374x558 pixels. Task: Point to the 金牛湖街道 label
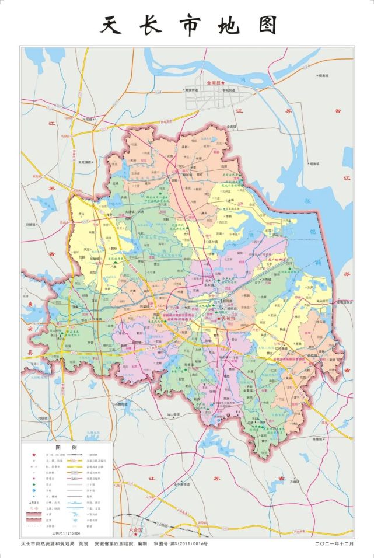181,484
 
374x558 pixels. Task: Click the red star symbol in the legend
33,455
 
